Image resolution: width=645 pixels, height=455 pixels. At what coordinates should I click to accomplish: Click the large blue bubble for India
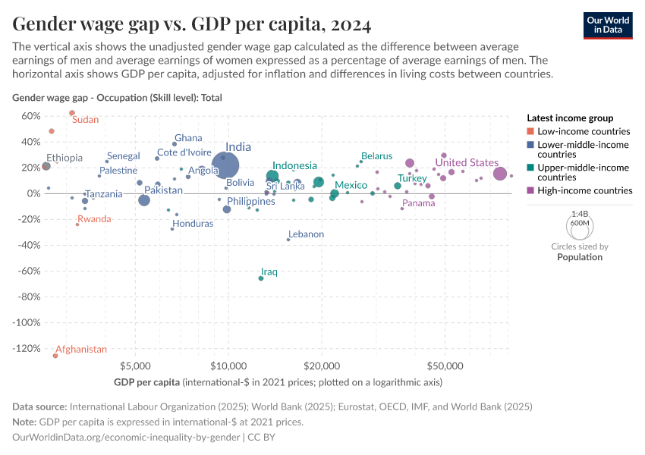pos(225,165)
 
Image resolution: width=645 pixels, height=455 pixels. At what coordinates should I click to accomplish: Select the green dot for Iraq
pos(261,278)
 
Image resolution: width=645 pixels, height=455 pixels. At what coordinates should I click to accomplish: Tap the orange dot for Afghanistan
pos(55,356)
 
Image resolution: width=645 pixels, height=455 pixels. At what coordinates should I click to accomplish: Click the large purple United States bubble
pos(499,174)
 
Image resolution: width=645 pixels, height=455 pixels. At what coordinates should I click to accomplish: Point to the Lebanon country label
pos(306,234)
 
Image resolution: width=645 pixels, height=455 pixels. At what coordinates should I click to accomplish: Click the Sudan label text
pos(85,120)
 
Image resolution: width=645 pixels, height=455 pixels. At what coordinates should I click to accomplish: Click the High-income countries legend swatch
pos(531,190)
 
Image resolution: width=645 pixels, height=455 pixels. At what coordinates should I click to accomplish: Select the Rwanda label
pos(94,219)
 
